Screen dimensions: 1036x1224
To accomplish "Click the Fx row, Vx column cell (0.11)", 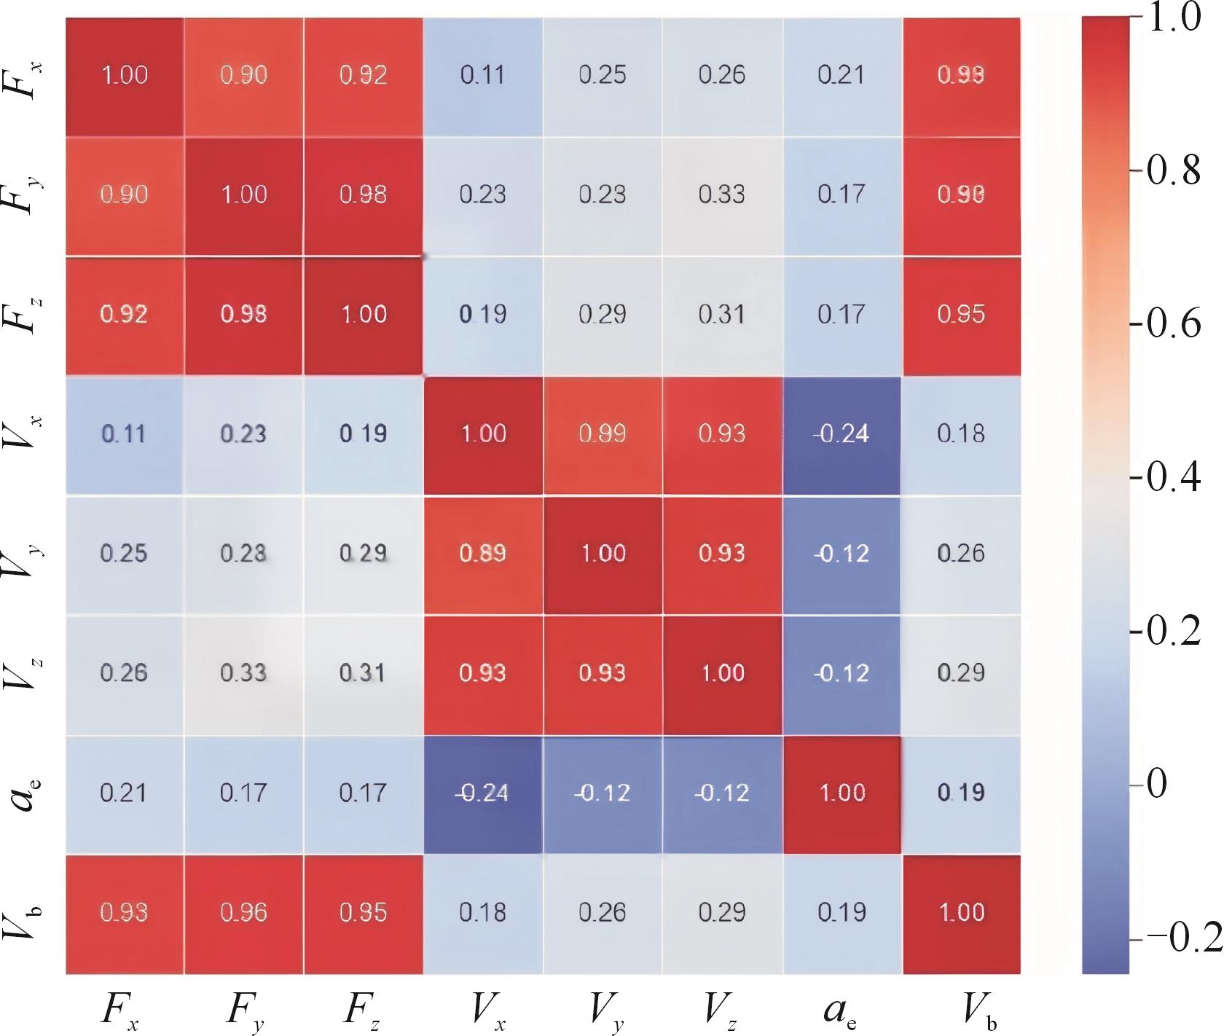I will tap(483, 75).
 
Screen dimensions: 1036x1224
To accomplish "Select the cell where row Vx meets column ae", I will tap(842, 434).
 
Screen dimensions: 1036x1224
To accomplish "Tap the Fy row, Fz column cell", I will tap(364, 195).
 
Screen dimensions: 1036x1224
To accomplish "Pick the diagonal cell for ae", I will tap(842, 793).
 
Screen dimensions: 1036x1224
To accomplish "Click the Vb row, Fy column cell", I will tap(244, 912).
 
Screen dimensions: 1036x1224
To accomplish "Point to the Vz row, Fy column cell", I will tap(244, 672).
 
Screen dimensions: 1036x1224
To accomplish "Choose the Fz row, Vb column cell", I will tap(962, 315).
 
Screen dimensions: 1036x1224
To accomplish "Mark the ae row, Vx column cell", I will tap(483, 793).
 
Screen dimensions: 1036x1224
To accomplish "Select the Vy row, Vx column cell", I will tap(483, 554).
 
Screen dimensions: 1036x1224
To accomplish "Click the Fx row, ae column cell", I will tap(842, 75).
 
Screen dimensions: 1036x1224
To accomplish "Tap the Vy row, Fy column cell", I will tap(244, 554).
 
